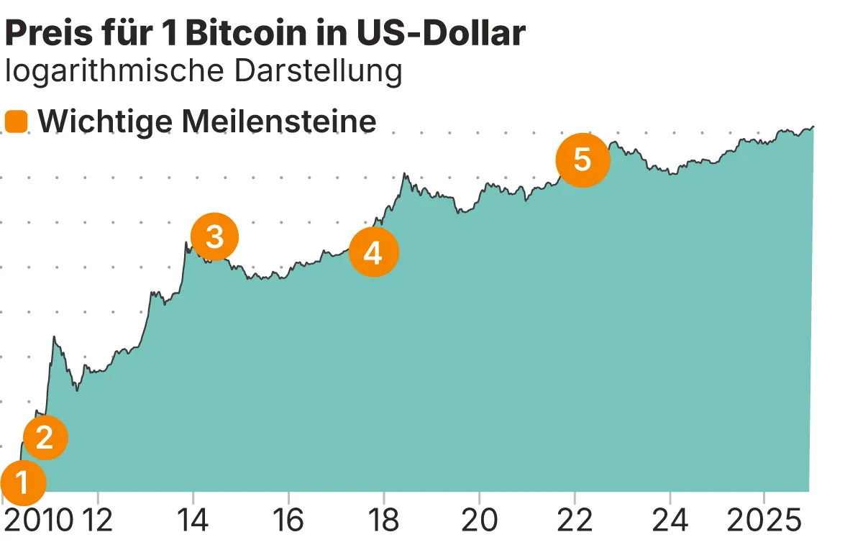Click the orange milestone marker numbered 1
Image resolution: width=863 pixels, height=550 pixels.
[x=23, y=483]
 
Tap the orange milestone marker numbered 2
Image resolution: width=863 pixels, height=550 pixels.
[x=45, y=437]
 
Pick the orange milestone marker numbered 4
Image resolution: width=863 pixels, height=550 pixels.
[x=373, y=252]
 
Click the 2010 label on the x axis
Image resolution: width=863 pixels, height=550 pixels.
[x=37, y=521]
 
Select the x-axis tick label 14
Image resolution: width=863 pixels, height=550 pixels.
[x=193, y=521]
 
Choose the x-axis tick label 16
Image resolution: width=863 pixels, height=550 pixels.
[x=288, y=521]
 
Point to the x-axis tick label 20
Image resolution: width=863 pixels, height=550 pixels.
[x=479, y=521]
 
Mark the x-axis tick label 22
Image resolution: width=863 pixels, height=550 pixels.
[x=574, y=521]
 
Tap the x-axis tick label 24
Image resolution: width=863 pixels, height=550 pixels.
[x=670, y=521]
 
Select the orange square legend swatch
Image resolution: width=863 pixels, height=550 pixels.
[x=16, y=122]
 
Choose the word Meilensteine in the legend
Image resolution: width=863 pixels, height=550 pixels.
[x=279, y=122]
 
